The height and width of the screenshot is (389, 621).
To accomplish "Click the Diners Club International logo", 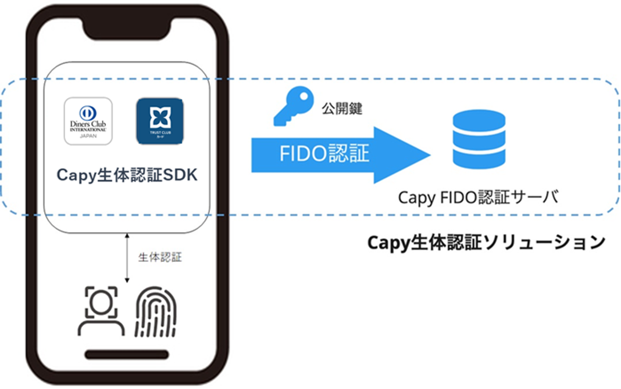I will point(88,121).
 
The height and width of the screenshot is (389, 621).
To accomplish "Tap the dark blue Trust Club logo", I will point(159,121).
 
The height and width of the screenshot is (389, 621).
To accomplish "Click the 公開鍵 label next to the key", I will point(341,108).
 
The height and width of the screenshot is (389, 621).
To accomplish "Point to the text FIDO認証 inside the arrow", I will point(324,154).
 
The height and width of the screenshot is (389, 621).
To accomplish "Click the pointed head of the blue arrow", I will point(410,154).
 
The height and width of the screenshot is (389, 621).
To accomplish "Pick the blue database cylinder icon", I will point(479,139).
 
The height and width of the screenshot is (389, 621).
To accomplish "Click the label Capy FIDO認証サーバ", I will point(478,197).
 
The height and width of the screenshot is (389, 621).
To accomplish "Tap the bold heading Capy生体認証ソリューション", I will point(486,242).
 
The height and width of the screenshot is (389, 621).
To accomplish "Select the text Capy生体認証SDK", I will point(127,174).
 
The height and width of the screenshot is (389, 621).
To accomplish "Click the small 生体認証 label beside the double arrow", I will point(160,257).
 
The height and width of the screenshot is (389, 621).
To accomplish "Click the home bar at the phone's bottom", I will point(127,354).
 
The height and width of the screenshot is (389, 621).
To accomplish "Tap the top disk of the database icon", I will point(479,118).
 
